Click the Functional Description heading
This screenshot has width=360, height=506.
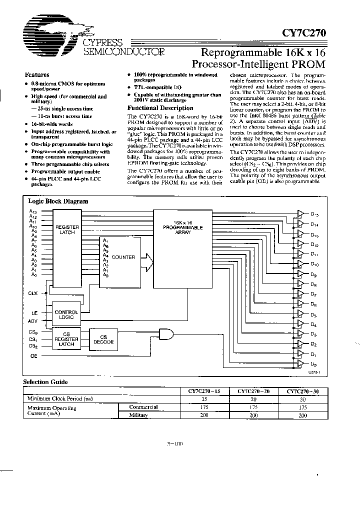(x=160, y=107)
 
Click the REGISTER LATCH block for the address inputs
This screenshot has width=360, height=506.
(x=66, y=230)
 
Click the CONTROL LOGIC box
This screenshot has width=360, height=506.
(x=66, y=314)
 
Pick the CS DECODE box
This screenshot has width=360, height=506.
(x=104, y=339)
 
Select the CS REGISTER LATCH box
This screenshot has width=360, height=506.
(x=66, y=340)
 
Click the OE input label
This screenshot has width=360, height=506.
(x=33, y=356)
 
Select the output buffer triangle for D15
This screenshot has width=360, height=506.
(x=300, y=213)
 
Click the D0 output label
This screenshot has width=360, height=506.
(x=313, y=364)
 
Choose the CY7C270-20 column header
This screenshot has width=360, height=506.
(x=253, y=391)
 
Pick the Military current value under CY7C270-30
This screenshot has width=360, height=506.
(x=303, y=415)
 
